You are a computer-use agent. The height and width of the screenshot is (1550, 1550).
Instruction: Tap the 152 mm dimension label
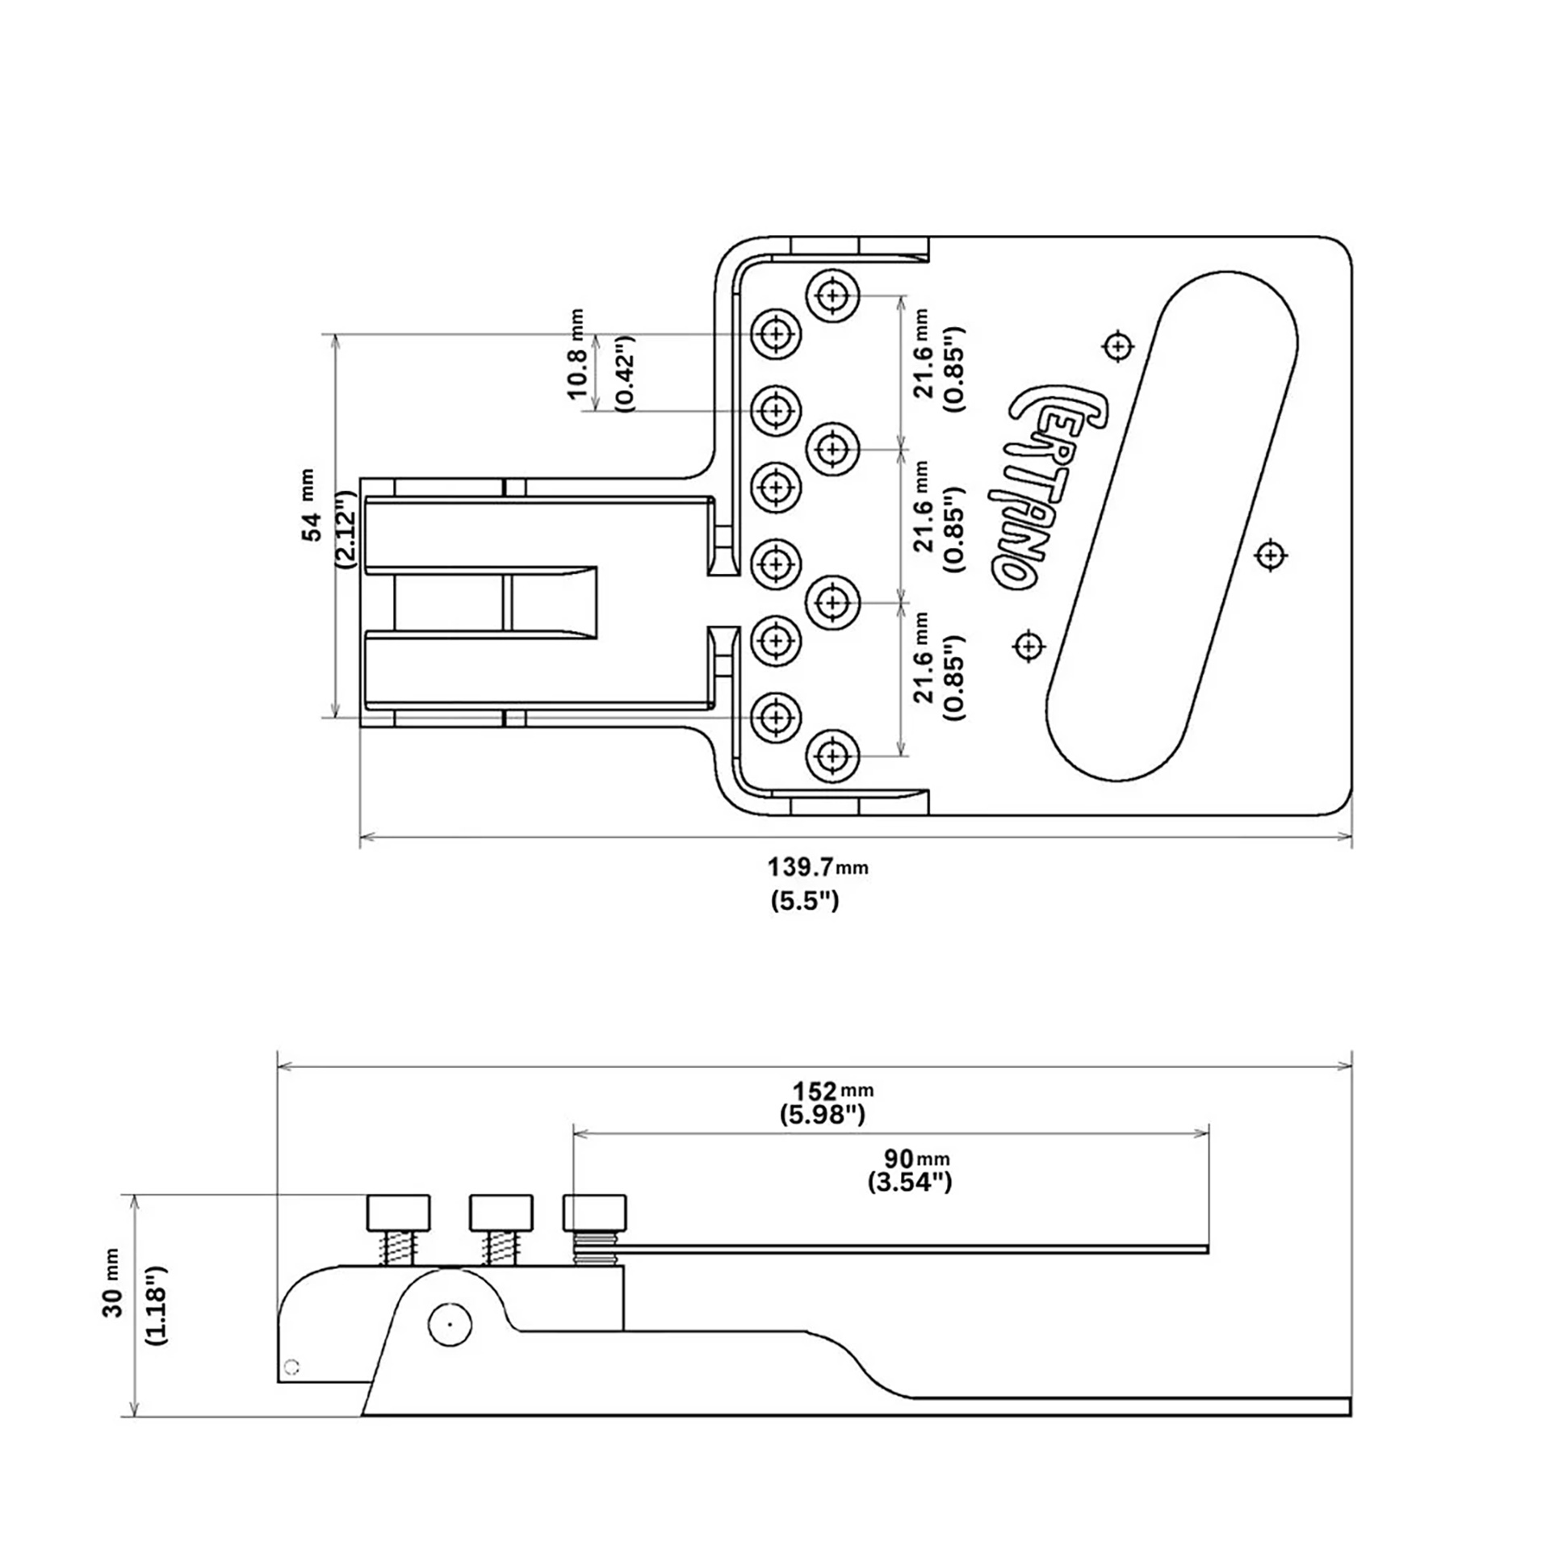832,1091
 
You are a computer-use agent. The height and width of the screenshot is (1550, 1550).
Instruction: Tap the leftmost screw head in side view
399,1211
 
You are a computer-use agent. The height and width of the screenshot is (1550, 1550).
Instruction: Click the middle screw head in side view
501,1211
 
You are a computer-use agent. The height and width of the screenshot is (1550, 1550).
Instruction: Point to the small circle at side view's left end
293,1367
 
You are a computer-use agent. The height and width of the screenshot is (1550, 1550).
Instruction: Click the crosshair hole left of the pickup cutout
1028,645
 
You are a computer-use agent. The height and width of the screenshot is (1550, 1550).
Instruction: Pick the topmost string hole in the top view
832,296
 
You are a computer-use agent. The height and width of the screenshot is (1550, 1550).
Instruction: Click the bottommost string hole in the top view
832,756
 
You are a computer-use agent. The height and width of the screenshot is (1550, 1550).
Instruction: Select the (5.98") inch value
823,1115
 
